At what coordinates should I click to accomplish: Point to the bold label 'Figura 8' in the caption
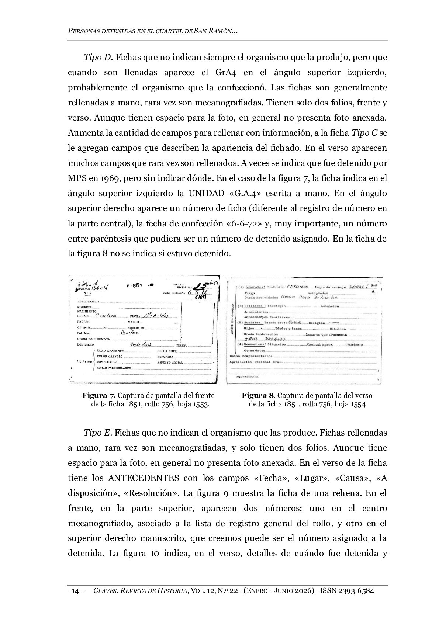pyautogui.click(x=258, y=396)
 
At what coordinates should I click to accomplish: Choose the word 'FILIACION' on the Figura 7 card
pyautogui.click(x=84, y=362)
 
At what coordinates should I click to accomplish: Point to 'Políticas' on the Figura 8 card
pyautogui.click(x=254, y=306)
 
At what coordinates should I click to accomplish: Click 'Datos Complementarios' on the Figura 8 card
pyautogui.click(x=251, y=356)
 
